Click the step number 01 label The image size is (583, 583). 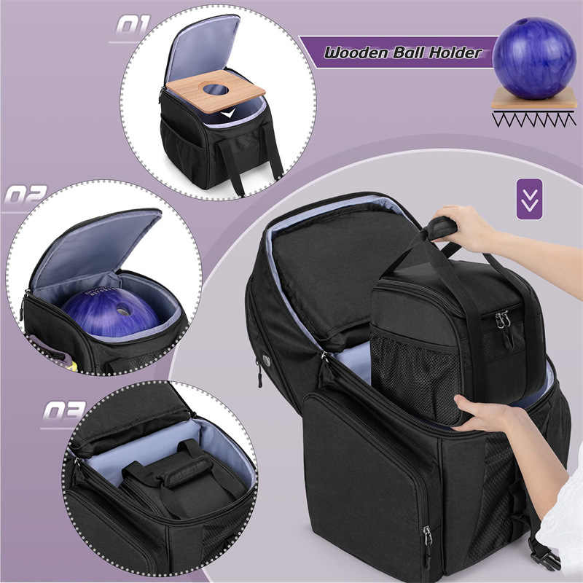pyautogui.click(x=133, y=25)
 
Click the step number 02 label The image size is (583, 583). pyautogui.click(x=26, y=195)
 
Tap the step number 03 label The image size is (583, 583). pyautogui.click(x=64, y=410)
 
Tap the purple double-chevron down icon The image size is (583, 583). pyautogui.click(x=530, y=199)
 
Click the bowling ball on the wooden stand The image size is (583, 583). pyautogui.click(x=534, y=58)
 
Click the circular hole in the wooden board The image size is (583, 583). pyautogui.click(x=216, y=89)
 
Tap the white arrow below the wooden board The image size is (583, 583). pyautogui.click(x=227, y=113)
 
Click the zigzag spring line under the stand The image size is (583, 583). pyautogui.click(x=534, y=120)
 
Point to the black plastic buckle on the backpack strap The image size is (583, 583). pyautogui.click(x=544, y=556)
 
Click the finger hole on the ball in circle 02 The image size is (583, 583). pyautogui.click(x=122, y=309)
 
